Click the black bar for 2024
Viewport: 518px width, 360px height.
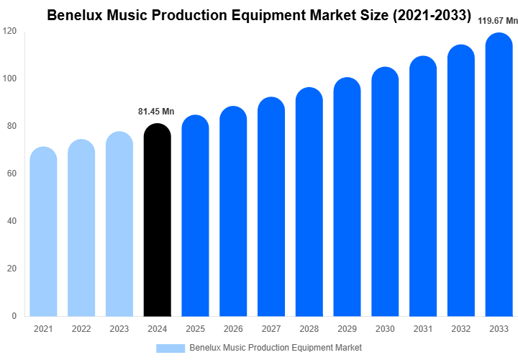pyautogui.click(x=158, y=223)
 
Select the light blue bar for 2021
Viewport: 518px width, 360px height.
pyautogui.click(x=43, y=234)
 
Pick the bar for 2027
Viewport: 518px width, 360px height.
pyautogui.click(x=271, y=209)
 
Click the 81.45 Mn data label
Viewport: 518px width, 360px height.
pyautogui.click(x=156, y=112)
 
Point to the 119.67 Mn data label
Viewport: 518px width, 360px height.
pyautogui.click(x=498, y=22)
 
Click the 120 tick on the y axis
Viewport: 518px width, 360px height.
pyautogui.click(x=9, y=31)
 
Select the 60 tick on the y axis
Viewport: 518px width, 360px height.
pyautogui.click(x=12, y=174)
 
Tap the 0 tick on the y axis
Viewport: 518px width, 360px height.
pyautogui.click(x=14, y=316)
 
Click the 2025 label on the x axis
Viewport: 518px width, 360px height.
pyautogui.click(x=195, y=329)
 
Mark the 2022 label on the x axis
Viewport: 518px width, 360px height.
pyautogui.click(x=81, y=329)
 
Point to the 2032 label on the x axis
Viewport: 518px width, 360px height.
pyautogui.click(x=461, y=329)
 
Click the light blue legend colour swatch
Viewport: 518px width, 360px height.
pyautogui.click(x=171, y=348)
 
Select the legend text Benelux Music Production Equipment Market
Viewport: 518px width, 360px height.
pyautogui.click(x=276, y=348)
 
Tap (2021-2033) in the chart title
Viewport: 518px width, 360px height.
pyautogui.click(x=429, y=15)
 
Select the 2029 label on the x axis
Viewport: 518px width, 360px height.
pyautogui.click(x=347, y=329)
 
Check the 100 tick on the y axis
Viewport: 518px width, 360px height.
pyautogui.click(x=9, y=78)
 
